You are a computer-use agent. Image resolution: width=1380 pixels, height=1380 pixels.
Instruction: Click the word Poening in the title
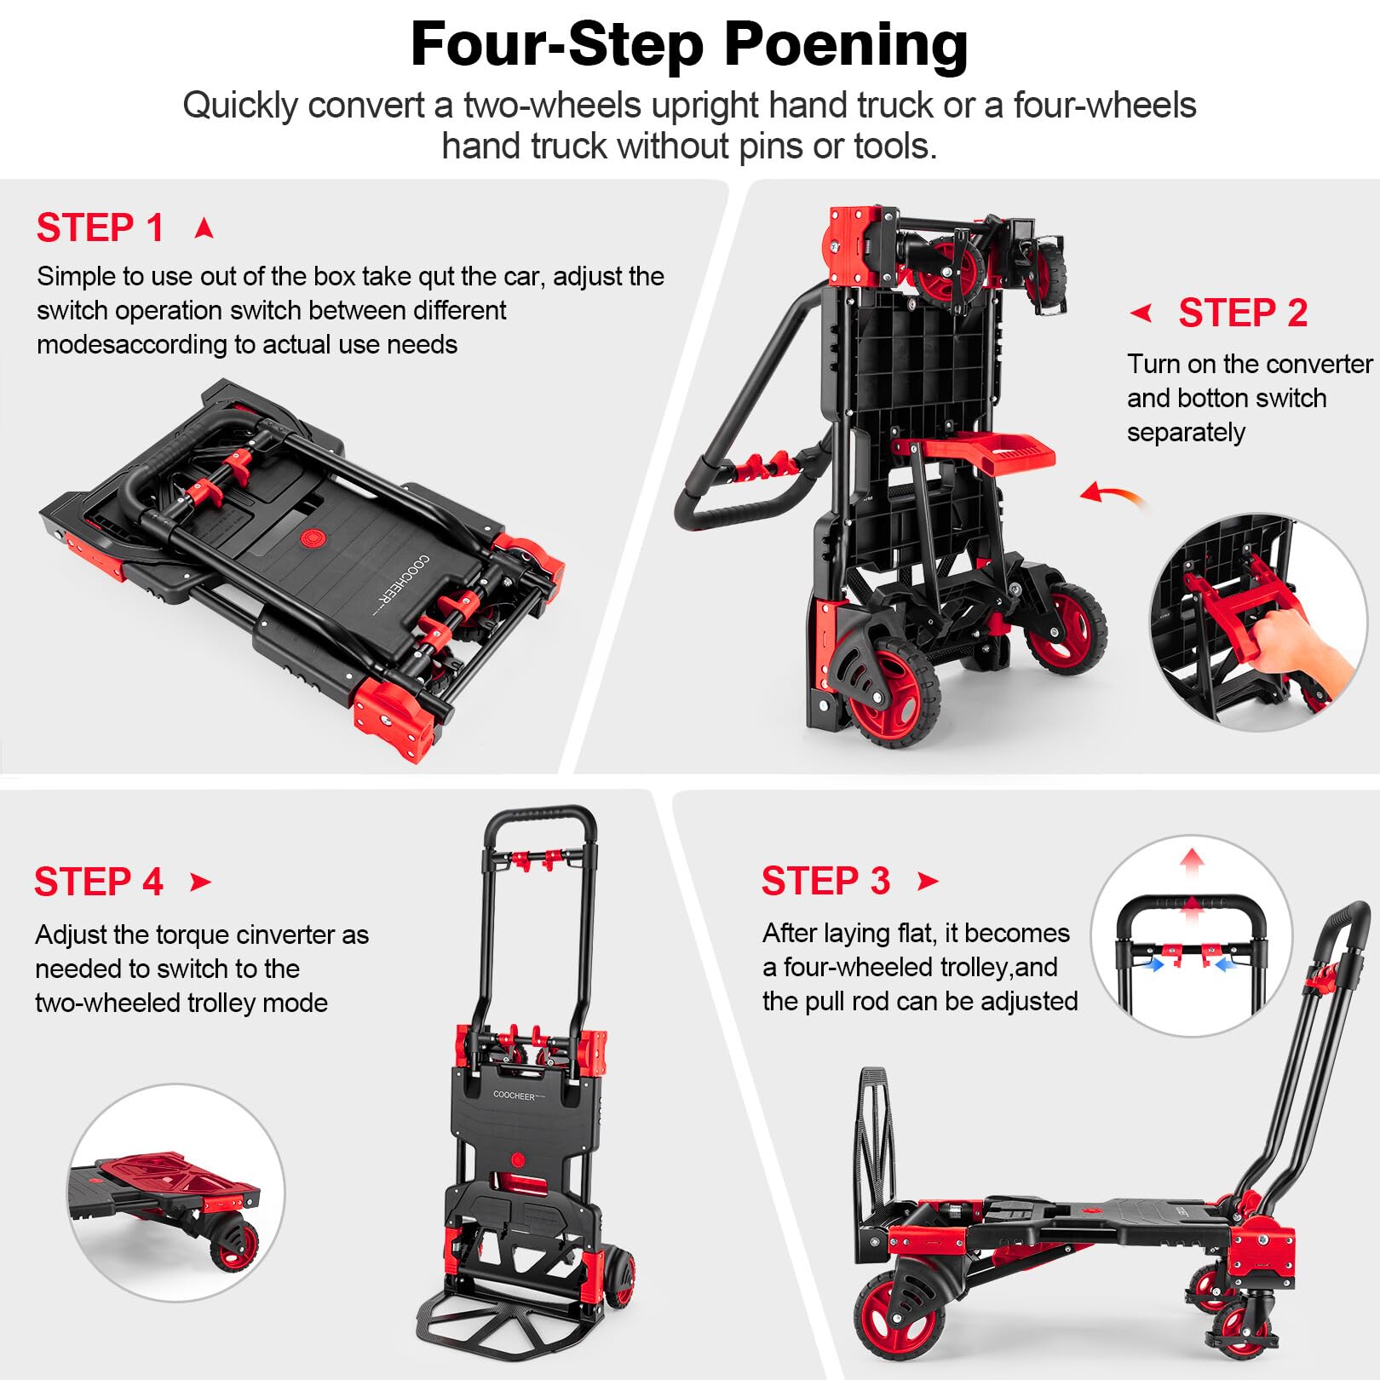click(x=846, y=46)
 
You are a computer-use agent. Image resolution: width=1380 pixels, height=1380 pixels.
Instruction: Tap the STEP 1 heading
click(x=100, y=228)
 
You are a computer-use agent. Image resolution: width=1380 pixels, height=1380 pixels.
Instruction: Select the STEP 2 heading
click(x=1243, y=313)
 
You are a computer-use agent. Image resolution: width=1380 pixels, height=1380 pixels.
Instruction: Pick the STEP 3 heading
click(x=825, y=881)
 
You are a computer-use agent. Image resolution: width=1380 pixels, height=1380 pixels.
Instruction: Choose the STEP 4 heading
click(x=99, y=882)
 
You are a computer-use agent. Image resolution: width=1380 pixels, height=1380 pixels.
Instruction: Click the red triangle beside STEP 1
click(x=204, y=228)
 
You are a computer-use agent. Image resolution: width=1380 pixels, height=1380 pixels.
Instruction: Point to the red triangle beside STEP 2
click(x=1141, y=313)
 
